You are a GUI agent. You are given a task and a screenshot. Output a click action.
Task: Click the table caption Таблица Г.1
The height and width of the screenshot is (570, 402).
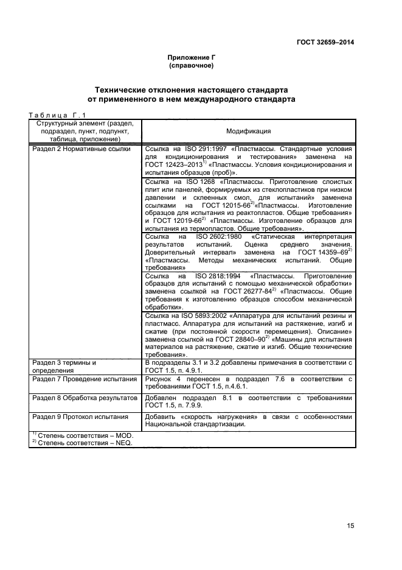pos(58,114)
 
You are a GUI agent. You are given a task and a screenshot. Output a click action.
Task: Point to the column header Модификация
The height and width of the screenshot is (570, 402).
pos(248,131)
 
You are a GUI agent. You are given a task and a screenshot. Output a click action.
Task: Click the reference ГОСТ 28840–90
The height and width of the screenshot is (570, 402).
pos(243,339)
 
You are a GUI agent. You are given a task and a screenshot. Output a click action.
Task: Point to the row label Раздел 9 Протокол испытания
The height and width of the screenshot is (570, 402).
pos(80,417)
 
